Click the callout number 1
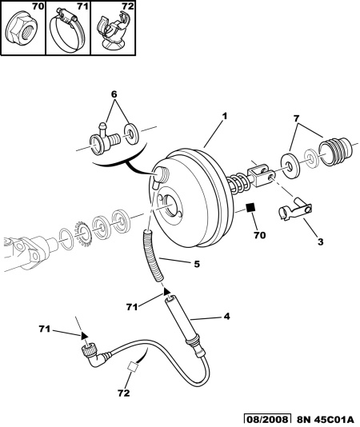(224, 116)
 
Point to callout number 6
(114, 94)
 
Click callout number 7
(296, 118)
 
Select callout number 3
(320, 241)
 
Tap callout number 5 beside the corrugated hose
(197, 264)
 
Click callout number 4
(226, 317)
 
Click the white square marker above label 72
(132, 365)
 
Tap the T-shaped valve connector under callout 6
(105, 138)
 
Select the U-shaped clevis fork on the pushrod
(261, 176)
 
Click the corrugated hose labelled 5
(153, 255)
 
